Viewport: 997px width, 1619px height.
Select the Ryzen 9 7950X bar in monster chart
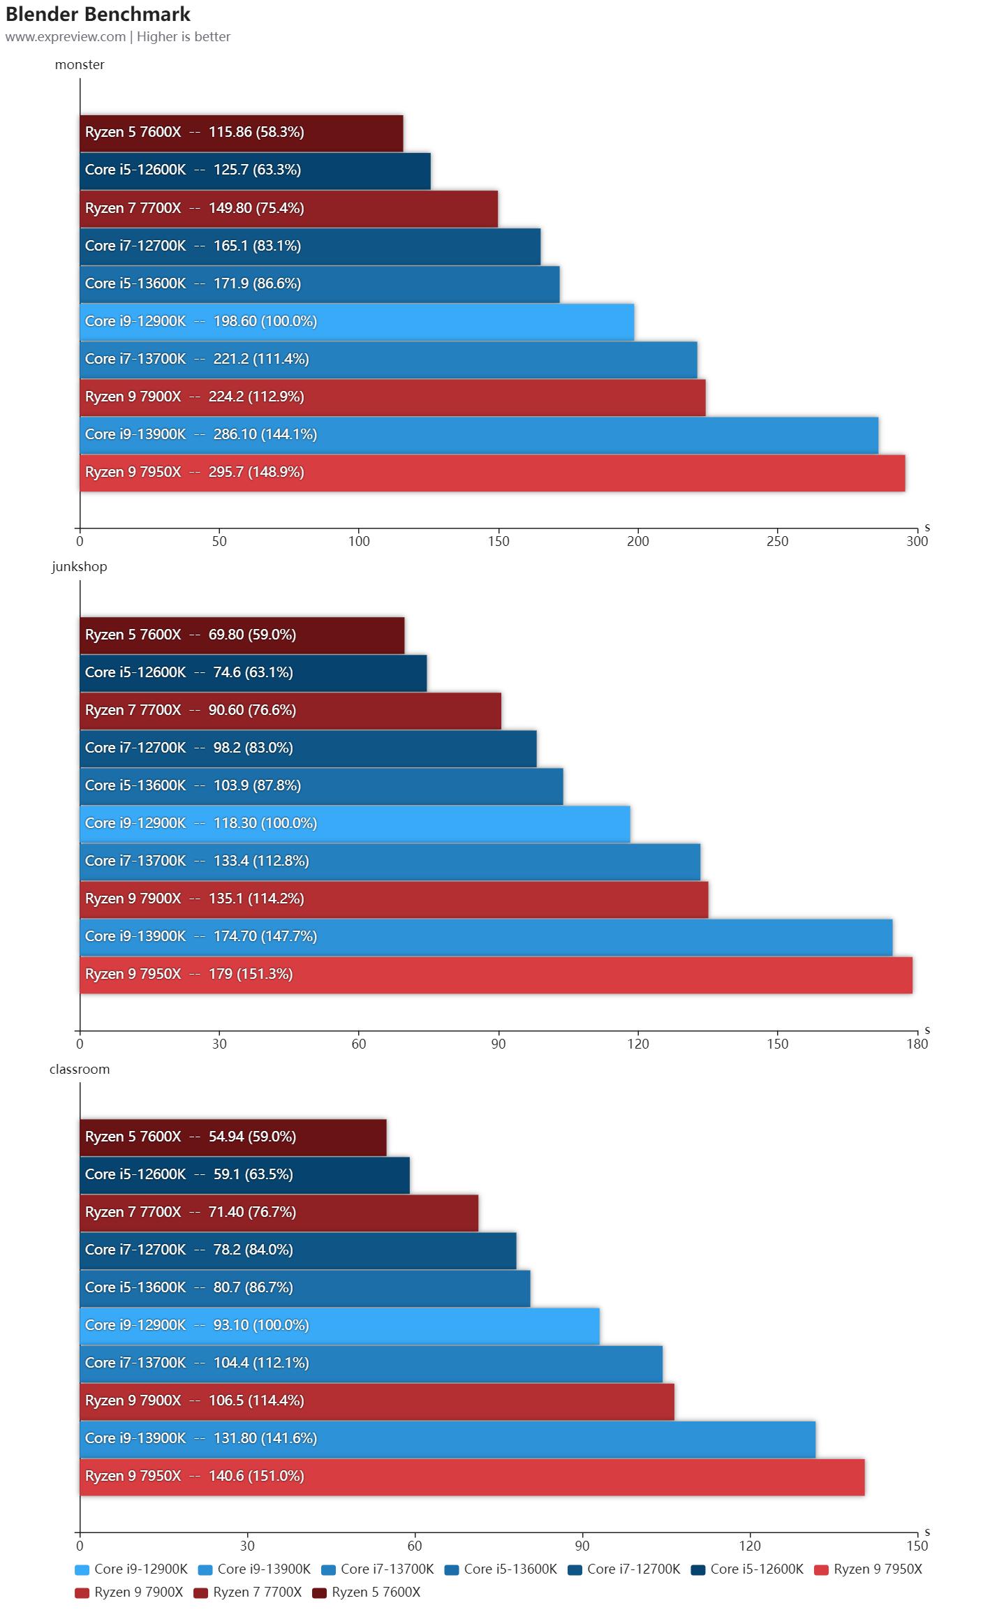(492, 473)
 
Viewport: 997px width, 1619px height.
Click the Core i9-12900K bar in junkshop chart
(355, 824)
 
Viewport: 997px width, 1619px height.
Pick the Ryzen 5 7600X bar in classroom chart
(233, 1137)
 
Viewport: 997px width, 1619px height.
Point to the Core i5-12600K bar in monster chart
(255, 170)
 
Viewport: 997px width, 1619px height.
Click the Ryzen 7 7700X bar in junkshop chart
(290, 711)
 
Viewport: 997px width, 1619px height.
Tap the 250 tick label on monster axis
(777, 542)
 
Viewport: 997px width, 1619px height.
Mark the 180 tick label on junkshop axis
(917, 1044)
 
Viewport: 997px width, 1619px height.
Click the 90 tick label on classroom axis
(582, 1546)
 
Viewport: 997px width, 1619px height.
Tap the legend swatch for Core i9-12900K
(82, 1570)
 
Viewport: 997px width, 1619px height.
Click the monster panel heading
(80, 65)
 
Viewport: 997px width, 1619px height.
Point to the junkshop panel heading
(80, 567)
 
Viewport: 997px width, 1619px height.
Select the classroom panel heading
(80, 1070)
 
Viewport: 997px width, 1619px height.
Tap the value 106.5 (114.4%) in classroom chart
(256, 1400)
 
